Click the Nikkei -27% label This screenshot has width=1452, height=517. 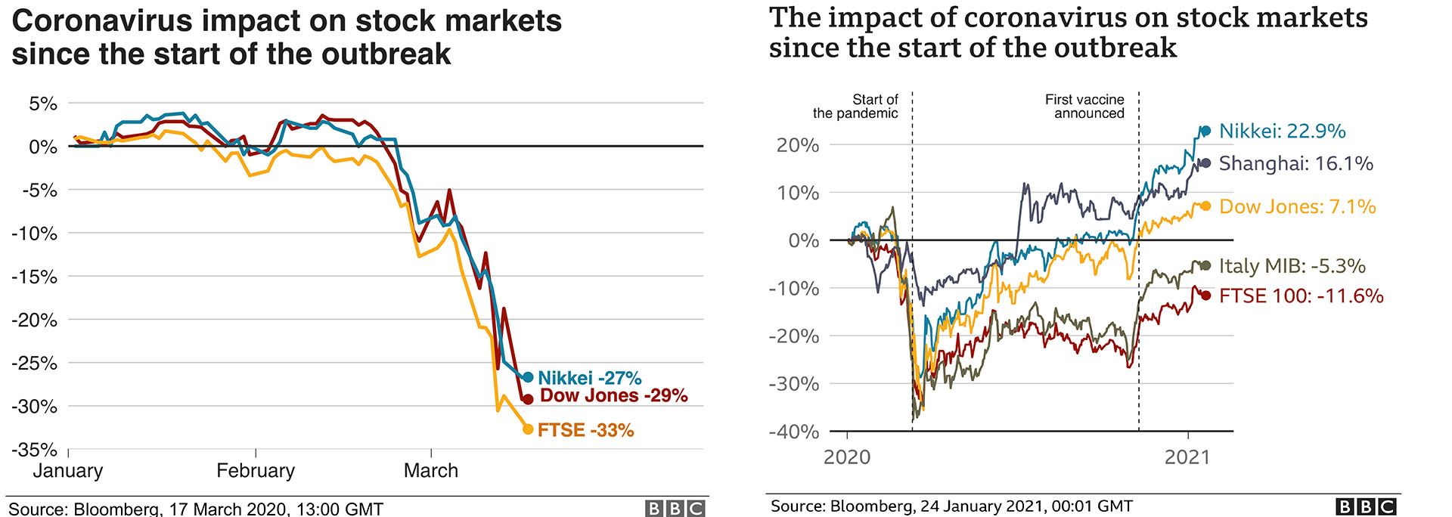click(589, 378)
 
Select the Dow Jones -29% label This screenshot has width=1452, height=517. click(613, 395)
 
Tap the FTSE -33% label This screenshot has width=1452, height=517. click(585, 430)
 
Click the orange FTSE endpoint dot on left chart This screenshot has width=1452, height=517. click(528, 429)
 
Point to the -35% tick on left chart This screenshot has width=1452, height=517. click(34, 450)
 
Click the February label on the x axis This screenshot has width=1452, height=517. click(256, 471)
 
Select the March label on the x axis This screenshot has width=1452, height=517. click(431, 471)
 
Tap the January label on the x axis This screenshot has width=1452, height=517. click(68, 471)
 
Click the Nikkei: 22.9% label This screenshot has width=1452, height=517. click(1282, 132)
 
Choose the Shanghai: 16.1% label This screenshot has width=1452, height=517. click(1295, 163)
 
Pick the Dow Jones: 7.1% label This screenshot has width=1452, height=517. click(1297, 206)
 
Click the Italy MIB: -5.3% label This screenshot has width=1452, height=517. click(1292, 266)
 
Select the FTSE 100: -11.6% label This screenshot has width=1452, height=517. click(1301, 296)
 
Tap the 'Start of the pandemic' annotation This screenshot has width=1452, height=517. click(856, 107)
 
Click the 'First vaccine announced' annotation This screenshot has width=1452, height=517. click(1085, 107)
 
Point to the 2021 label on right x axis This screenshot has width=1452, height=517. click(1187, 457)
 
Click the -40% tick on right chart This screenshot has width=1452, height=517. click(793, 432)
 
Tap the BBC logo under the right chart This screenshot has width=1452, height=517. click(1366, 506)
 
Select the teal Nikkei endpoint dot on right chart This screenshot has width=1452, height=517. click(1205, 131)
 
